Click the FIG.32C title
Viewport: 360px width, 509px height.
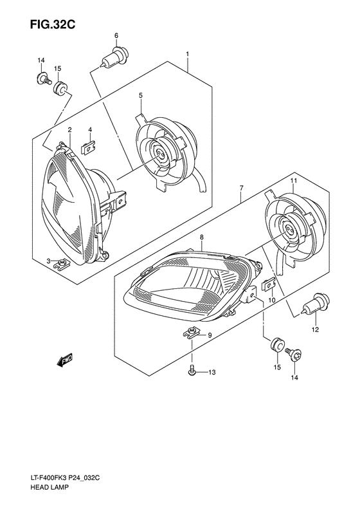click(52, 24)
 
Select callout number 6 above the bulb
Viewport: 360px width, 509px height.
click(116, 35)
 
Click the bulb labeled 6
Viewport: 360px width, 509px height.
click(114, 57)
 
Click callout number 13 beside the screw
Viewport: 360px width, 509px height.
click(212, 373)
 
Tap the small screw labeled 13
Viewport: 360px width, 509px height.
click(192, 371)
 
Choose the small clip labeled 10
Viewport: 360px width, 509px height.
click(269, 285)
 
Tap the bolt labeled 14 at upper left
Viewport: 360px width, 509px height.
click(43, 79)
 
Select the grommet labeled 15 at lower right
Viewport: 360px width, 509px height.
click(277, 346)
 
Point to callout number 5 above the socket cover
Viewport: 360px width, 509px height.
click(140, 95)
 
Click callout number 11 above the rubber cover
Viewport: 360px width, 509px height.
click(294, 180)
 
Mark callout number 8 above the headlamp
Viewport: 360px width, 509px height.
click(202, 237)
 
